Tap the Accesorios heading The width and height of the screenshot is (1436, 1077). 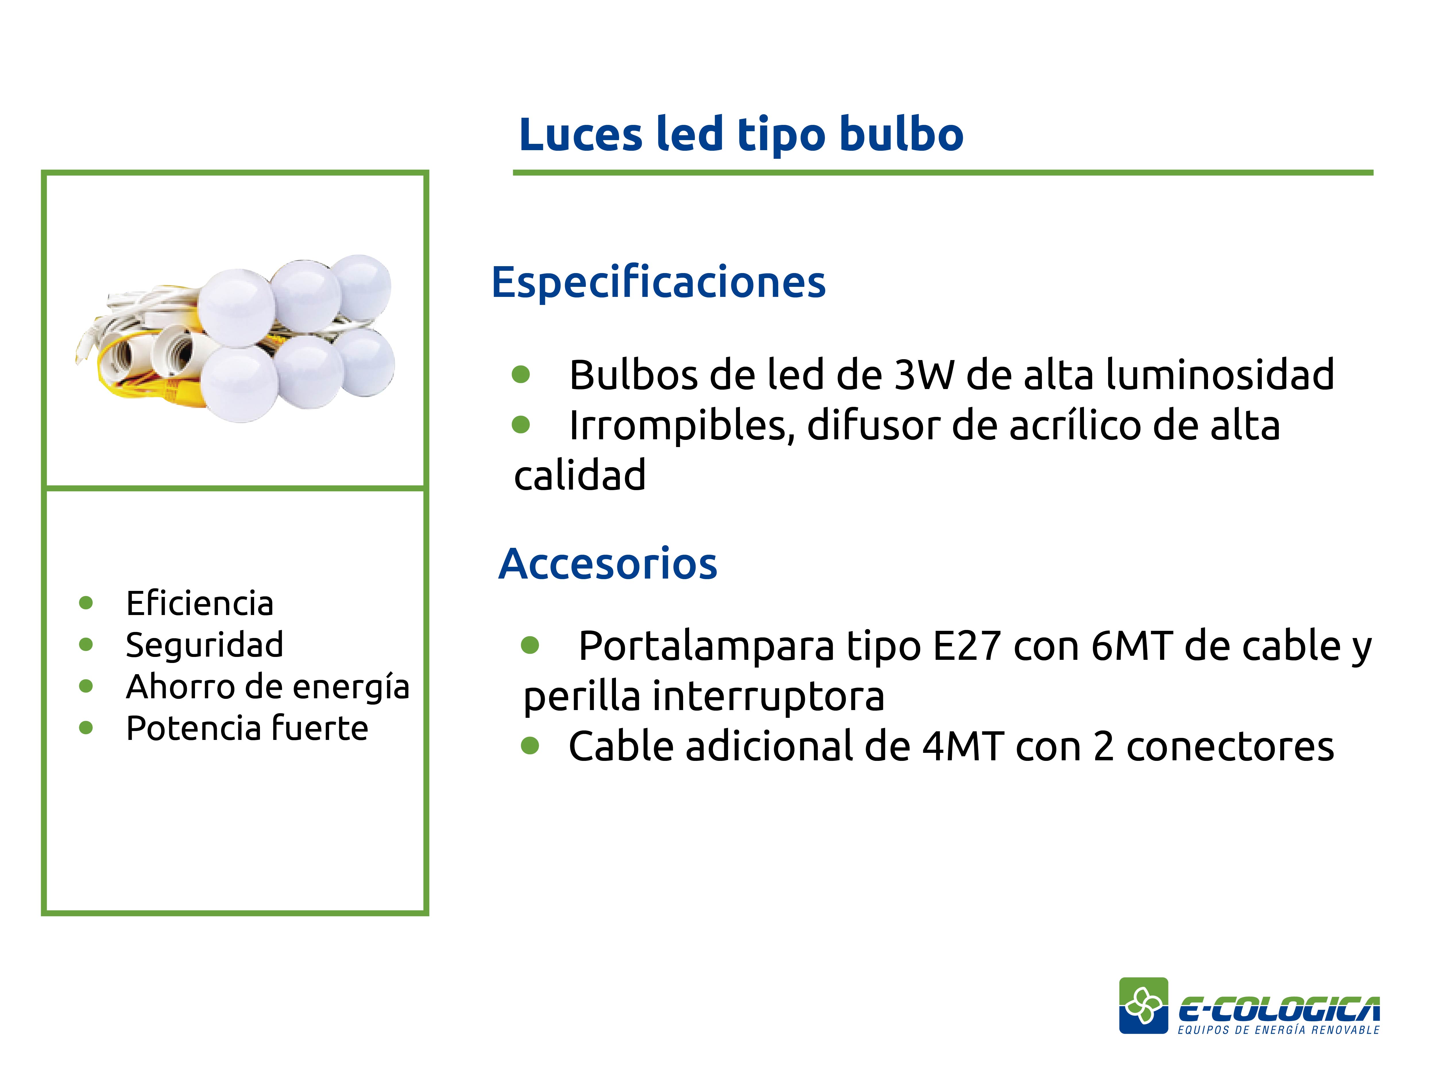coord(608,564)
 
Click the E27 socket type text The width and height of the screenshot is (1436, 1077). coord(967,647)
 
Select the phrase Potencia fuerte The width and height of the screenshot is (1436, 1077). coord(247,728)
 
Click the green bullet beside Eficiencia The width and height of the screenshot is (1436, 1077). coord(86,603)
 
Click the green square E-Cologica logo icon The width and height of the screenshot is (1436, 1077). coord(1143,1006)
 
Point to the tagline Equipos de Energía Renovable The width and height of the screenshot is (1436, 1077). coord(1278,1030)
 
